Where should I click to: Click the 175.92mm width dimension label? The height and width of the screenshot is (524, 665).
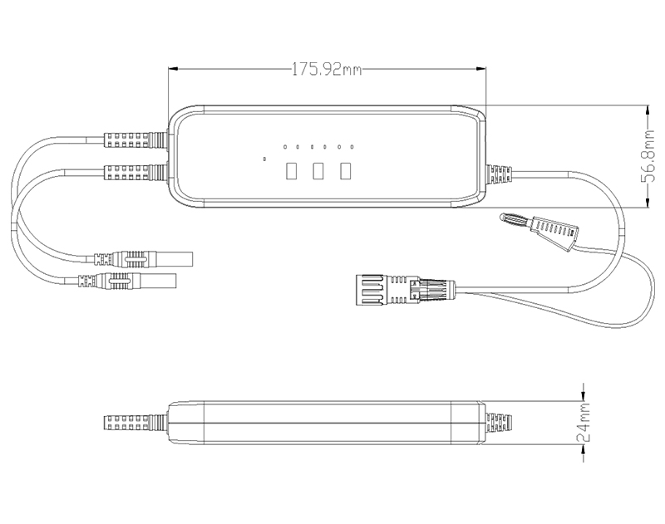tap(327, 69)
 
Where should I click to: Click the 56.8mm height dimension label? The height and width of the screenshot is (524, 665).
tap(648, 156)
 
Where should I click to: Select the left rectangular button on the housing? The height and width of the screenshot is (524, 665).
tap(291, 171)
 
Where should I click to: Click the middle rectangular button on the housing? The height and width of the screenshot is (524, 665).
tap(318, 171)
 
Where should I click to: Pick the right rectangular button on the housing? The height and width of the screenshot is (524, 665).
tap(346, 171)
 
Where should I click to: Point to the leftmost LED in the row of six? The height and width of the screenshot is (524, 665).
tap(285, 147)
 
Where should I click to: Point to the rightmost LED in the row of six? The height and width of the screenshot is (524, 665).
tap(352, 147)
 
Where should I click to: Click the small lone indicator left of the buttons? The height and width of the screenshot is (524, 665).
tap(264, 159)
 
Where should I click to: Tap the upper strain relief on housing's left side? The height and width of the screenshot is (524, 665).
tap(135, 140)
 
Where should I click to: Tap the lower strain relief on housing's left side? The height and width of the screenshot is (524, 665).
tap(135, 173)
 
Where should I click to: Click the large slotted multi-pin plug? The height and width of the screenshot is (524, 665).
tap(405, 290)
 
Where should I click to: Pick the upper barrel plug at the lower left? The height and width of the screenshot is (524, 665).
tap(143, 259)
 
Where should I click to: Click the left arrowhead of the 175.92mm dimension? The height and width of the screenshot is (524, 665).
tap(173, 69)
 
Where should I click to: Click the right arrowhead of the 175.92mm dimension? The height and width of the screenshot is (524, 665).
tap(481, 69)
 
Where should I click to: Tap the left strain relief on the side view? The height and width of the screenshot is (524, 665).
tap(135, 423)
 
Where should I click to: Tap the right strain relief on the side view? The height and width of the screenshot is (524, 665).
tap(499, 423)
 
